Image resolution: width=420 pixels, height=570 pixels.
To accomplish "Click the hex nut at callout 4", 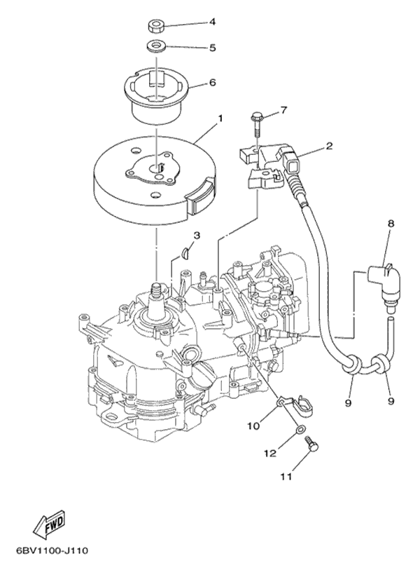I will pyautogui.click(x=157, y=27).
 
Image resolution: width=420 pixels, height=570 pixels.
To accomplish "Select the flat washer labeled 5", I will pyautogui.click(x=156, y=48).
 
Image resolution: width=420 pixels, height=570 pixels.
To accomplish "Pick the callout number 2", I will pyautogui.click(x=328, y=147).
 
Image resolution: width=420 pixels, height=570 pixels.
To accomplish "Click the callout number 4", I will pyautogui.click(x=212, y=22).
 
